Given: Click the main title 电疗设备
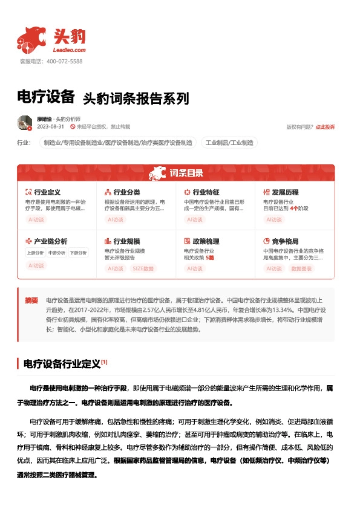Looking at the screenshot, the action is pyautogui.click(x=46, y=97).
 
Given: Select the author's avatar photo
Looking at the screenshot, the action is pyautogui.click(x=25, y=123).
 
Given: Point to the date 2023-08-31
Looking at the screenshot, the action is pyautogui.click(x=51, y=127).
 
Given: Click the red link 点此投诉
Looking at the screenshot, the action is pyautogui.click(x=325, y=127).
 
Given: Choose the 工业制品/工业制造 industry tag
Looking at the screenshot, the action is pyautogui.click(x=229, y=143).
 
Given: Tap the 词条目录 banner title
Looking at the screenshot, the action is pyautogui.click(x=186, y=173).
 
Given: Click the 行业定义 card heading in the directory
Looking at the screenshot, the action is pyautogui.click(x=47, y=192).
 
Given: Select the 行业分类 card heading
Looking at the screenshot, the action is pyautogui.click(x=127, y=192).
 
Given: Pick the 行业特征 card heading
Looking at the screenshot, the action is pyautogui.click(x=206, y=192).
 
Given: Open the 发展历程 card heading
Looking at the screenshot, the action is pyautogui.click(x=286, y=192).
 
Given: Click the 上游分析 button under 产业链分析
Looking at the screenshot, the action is pyautogui.click(x=36, y=253).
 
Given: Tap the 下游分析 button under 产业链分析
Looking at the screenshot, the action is pyautogui.click(x=77, y=253).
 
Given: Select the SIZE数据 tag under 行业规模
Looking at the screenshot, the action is pyautogui.click(x=143, y=268).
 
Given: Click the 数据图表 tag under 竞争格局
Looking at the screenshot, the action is pyautogui.click(x=301, y=268).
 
